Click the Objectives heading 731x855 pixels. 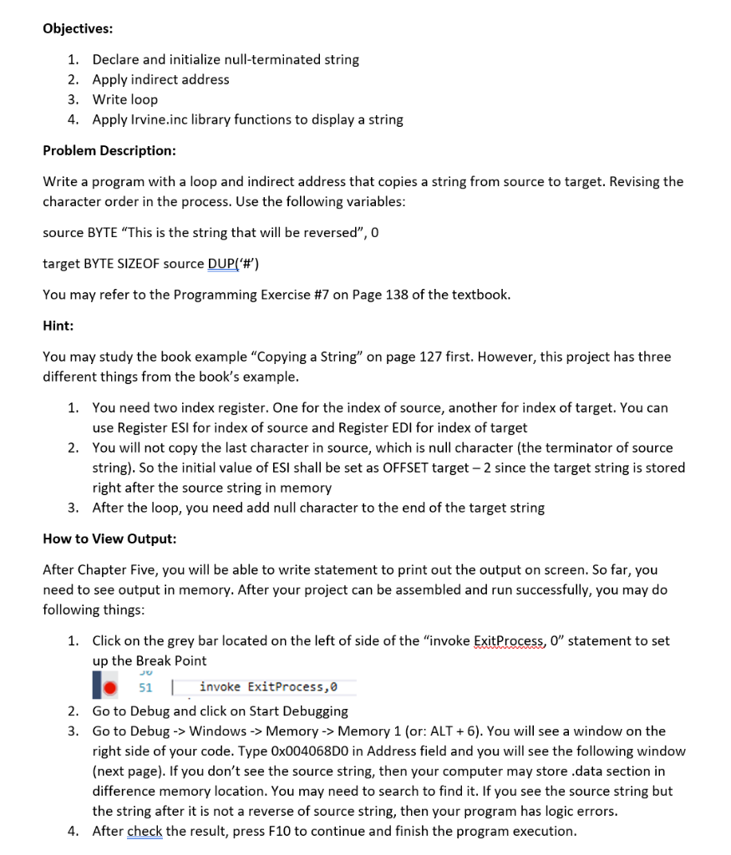point(78,28)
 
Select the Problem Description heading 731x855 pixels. point(109,150)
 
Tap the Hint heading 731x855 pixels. point(58,326)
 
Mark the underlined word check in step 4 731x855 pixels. point(145,832)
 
